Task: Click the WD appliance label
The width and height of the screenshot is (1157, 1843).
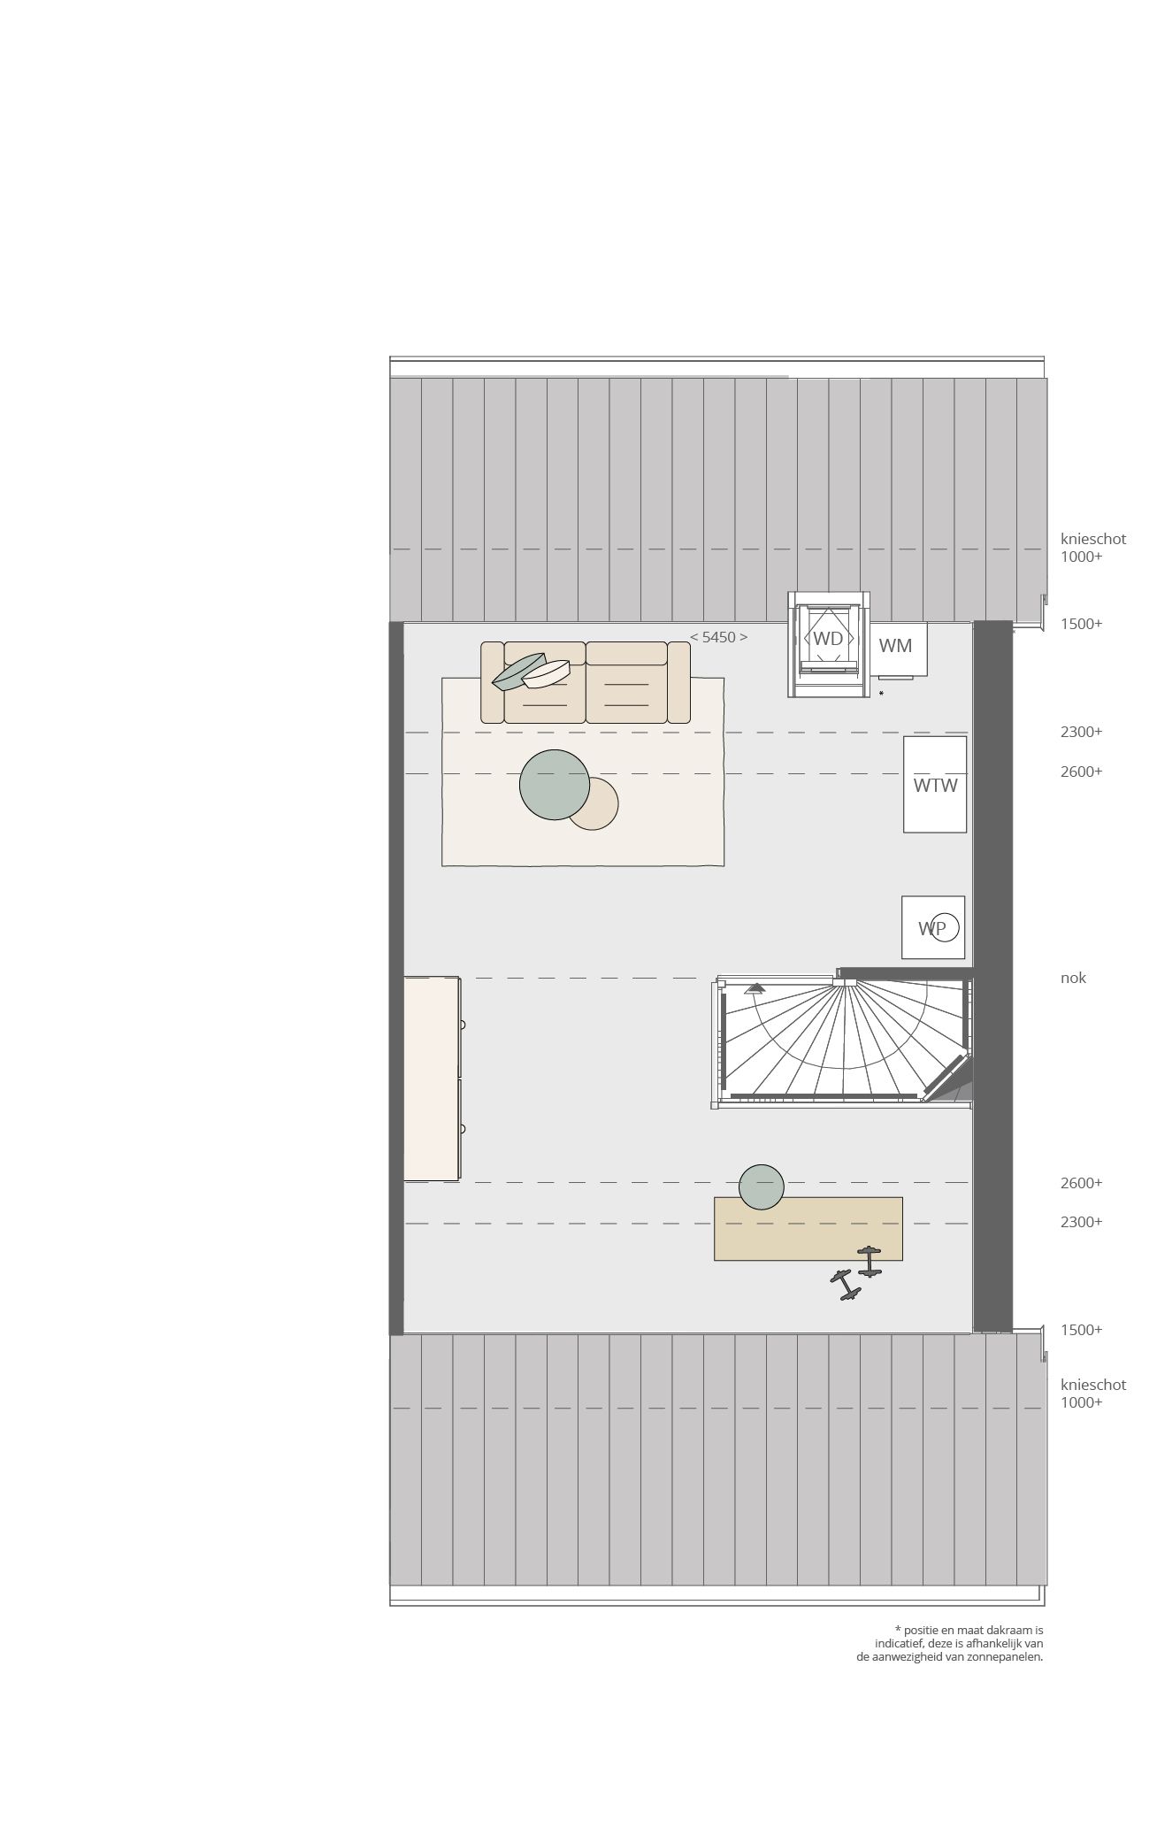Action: [828, 638]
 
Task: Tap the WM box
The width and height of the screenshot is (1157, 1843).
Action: [895, 647]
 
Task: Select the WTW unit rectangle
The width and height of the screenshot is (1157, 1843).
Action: [935, 785]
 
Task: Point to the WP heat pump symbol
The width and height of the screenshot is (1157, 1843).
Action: [933, 927]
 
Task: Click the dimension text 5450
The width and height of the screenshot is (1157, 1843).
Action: [718, 637]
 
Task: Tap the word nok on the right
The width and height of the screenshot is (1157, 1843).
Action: [1073, 978]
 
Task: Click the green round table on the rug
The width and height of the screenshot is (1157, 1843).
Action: [554, 785]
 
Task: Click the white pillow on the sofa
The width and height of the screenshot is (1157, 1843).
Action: [546, 674]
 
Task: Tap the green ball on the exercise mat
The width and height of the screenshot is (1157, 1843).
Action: [761, 1186]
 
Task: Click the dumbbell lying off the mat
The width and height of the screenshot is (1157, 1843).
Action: [846, 1285]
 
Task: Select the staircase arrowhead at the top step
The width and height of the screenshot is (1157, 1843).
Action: [755, 987]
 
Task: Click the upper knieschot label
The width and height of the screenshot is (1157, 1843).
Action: [1093, 539]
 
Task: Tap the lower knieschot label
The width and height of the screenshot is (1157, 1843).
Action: [1093, 1385]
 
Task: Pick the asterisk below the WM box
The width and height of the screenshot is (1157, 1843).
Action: [881, 695]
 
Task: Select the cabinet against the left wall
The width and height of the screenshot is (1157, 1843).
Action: [432, 1079]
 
